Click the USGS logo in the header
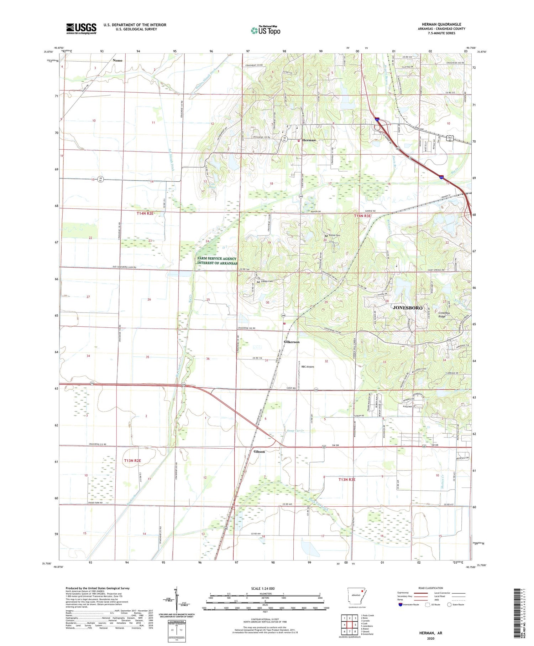tap(81, 29)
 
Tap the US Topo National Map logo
tap(265, 30)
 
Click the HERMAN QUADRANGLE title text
tap(441, 24)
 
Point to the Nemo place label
tap(117, 61)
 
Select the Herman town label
tap(309, 140)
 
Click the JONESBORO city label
tap(407, 308)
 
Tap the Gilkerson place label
tap(292, 342)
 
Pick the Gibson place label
tap(259, 452)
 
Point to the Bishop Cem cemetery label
tap(334, 236)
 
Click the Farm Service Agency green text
tap(217, 261)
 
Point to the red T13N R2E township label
tap(132, 461)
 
